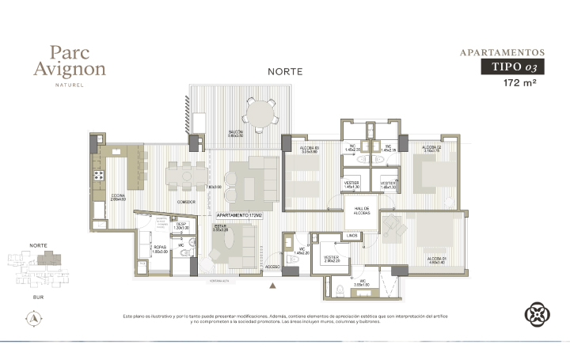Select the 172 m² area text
(x=520, y=82)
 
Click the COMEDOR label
(x=186, y=203)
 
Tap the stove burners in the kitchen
(x=101, y=175)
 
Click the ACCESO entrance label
(x=273, y=267)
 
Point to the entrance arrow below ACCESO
(x=273, y=284)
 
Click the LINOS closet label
(x=352, y=236)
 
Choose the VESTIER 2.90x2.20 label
(x=332, y=259)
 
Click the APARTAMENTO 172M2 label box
(x=241, y=215)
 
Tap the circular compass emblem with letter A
(x=35, y=318)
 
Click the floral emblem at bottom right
(x=537, y=315)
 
